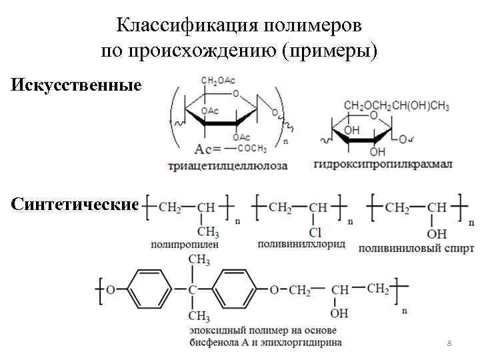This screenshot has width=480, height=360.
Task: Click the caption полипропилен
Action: pos(184,245)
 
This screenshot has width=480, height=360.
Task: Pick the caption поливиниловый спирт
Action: pos(416,249)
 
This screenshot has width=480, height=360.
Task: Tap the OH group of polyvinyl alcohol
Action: pos(437,233)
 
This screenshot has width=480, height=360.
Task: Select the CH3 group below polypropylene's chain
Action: pos(207,233)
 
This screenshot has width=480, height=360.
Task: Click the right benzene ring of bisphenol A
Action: pos(238,289)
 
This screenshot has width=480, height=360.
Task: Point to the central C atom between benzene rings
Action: pos(193,290)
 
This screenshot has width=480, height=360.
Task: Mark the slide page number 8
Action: pos(449,343)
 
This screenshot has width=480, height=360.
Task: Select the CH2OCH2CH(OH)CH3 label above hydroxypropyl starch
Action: pos(396,105)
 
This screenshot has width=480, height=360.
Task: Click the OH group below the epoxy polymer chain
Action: pos(339,312)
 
